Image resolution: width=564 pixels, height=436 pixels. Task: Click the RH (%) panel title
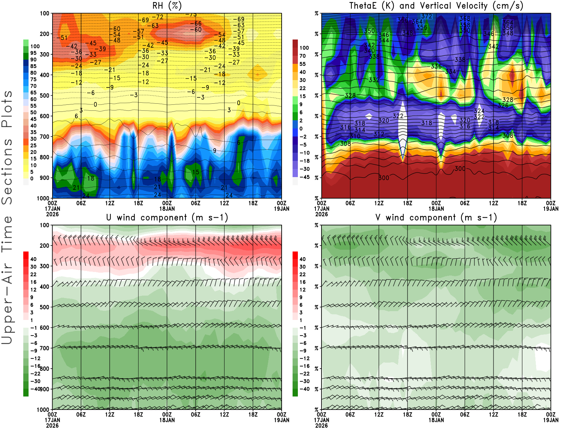click(x=167, y=6)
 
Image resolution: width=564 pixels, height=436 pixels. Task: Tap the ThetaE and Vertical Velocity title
click(x=436, y=6)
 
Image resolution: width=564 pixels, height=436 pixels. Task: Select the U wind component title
click(x=167, y=218)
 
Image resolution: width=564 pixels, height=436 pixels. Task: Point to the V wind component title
click(x=436, y=218)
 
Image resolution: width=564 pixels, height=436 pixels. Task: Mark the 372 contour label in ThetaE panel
click(x=427, y=16)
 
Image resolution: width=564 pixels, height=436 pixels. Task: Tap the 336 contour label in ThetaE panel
click(x=436, y=66)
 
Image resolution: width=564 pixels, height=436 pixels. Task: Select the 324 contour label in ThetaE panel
click(x=479, y=111)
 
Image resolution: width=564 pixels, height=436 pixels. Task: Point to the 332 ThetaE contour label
click(x=374, y=80)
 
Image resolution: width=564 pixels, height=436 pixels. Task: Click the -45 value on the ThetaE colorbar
click(x=304, y=177)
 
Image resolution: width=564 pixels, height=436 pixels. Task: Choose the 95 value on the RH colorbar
click(x=33, y=53)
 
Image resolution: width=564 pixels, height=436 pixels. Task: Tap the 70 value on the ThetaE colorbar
click(x=302, y=56)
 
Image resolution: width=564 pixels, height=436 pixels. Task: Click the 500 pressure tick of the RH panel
click(x=44, y=96)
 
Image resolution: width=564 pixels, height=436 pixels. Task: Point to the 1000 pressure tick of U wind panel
click(x=43, y=410)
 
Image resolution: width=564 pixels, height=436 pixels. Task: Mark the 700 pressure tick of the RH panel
click(x=44, y=137)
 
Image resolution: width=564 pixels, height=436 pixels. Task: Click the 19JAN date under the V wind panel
click(x=551, y=420)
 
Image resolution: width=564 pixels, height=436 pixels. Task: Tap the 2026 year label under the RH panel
click(x=52, y=214)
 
